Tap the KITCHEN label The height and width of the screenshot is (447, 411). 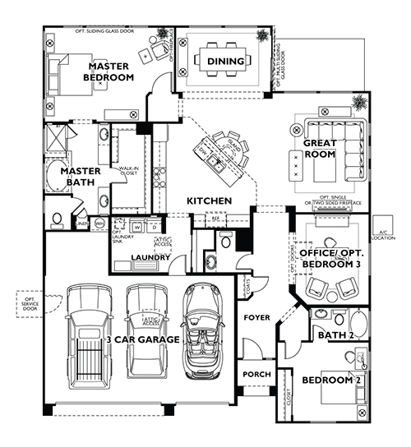tap(207, 200)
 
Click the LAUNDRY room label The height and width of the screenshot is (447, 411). tap(150, 257)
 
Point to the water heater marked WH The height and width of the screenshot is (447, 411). tap(100, 223)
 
